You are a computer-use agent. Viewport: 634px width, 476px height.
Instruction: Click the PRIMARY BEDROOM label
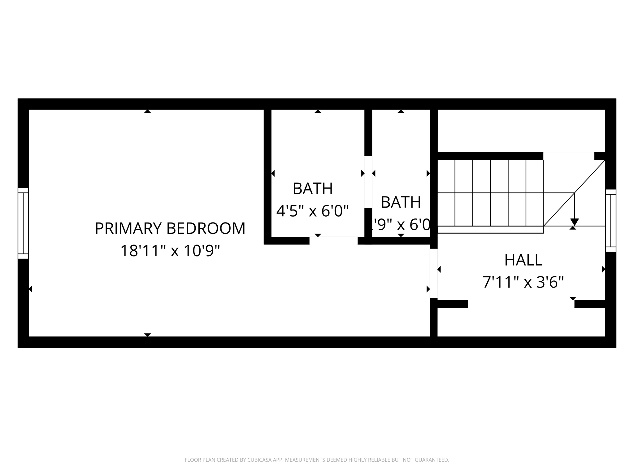pos(170,228)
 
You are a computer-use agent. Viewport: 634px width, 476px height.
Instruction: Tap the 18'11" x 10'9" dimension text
pos(170,251)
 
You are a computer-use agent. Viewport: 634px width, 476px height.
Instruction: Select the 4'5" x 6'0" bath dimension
pos(313,211)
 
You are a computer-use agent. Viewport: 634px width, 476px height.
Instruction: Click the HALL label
pos(523,260)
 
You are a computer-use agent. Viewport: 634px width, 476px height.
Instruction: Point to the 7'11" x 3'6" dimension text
pos(523,282)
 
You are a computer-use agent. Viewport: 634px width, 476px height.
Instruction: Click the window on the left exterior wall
pos(23,223)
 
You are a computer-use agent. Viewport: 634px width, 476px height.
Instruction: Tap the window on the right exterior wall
pos(610,220)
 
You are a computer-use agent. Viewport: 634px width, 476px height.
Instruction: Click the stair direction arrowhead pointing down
pos(574,222)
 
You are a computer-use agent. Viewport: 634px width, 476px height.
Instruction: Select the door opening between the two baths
pos(368,182)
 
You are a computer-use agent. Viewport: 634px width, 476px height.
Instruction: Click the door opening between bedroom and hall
pos(434,273)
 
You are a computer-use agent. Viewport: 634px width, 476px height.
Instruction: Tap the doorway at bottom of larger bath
pos(333,240)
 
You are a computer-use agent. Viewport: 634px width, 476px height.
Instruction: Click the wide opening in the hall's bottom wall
pos(521,304)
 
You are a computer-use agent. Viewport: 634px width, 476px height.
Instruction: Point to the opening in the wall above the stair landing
pos(569,156)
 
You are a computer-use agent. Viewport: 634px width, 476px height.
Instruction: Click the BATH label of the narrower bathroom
pos(401,202)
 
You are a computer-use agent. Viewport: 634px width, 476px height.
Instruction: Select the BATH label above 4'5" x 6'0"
pos(313,188)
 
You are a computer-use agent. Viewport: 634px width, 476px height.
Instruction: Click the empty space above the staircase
pos(521,130)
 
